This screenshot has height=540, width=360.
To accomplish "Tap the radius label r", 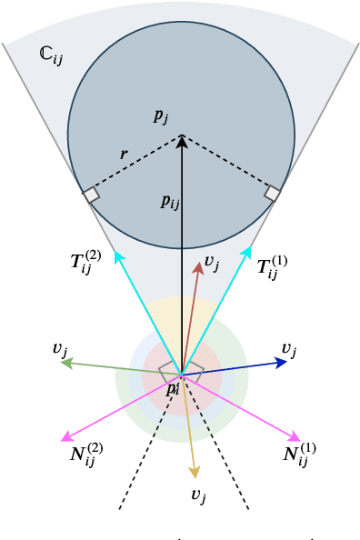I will tap(124, 154).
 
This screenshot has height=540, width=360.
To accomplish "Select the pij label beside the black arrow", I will tap(170, 202).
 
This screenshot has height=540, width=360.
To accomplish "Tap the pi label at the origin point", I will tap(173, 388).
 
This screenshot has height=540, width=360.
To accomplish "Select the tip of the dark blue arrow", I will tap(287, 362).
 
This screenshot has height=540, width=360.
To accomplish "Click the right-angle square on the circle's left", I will tap(91, 194).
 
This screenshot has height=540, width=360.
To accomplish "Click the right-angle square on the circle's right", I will tap(273, 194).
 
